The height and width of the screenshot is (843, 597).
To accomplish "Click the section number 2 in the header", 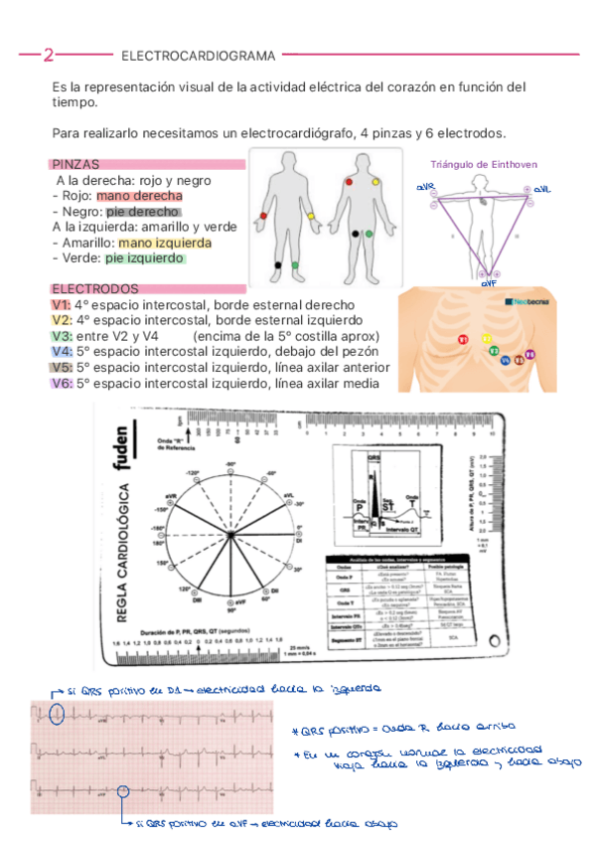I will coord(48,55).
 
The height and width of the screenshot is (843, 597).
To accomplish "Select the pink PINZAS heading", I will coord(75,164).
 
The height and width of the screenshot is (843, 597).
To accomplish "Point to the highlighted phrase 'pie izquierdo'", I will coord(146,257).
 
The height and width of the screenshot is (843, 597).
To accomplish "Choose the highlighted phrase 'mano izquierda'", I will coord(164,243).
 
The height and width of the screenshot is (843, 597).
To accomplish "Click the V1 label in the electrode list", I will coord(61,304).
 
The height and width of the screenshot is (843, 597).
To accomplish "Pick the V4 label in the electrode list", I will coord(61,351).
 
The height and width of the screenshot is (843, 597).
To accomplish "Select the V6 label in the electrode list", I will coord(61,383).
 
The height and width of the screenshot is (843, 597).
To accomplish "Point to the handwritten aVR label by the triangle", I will coord(425,187).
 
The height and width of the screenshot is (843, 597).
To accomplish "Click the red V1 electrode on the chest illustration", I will coord(463,340).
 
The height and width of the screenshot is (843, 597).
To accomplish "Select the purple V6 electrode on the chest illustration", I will coord(529,354).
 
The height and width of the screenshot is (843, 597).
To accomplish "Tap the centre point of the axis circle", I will coord(230,536).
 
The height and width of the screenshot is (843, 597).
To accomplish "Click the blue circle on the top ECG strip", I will coord(58,713).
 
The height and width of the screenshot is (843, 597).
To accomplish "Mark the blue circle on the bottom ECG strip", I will coord(124,791).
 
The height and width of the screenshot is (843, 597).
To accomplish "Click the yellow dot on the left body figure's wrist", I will coord(311,216).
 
